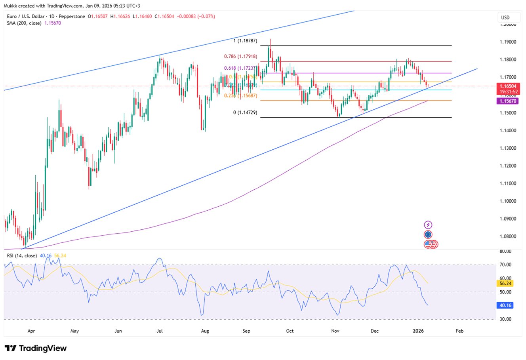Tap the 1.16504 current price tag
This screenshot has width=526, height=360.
[508, 86]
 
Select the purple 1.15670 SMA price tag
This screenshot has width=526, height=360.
[508, 101]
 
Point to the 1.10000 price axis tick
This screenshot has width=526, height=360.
[508, 201]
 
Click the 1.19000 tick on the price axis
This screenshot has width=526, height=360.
[508, 42]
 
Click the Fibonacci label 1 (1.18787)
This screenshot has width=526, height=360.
[245, 41]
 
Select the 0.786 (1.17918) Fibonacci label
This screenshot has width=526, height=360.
[240, 57]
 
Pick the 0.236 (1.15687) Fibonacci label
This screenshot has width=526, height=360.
[240, 96]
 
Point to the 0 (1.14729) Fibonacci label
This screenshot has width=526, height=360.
[245, 113]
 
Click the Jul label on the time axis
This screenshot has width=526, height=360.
[160, 331]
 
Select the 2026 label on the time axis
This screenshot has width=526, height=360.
[418, 331]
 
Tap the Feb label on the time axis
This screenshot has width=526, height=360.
[459, 331]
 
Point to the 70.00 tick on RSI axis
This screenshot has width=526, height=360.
[505, 265]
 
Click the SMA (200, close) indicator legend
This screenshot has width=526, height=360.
[34, 23]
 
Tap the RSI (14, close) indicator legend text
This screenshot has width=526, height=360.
[22, 256]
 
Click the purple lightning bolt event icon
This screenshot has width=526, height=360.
[428, 225]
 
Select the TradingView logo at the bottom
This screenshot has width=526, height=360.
[36, 349]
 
